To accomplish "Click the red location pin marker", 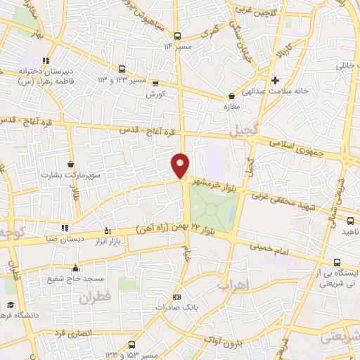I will pos(181,165).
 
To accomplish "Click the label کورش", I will pos(155,94).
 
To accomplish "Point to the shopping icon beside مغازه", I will pos(231,96).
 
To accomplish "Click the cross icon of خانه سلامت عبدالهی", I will pos(276,80).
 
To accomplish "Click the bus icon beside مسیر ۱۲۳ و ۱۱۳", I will pos(122,69).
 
